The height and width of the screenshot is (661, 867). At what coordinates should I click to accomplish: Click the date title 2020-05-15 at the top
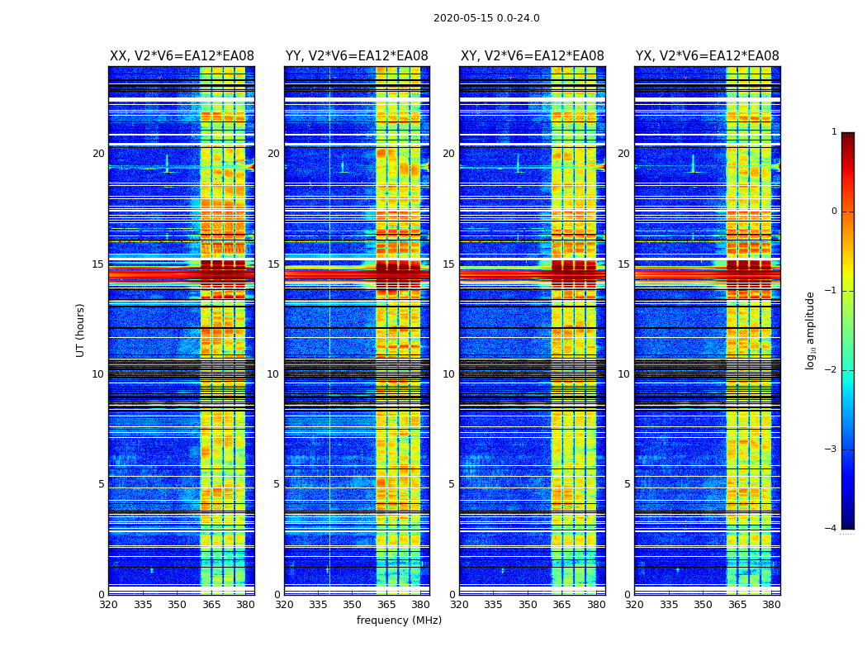(x=486, y=18)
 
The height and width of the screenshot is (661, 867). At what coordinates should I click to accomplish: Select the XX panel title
(x=182, y=56)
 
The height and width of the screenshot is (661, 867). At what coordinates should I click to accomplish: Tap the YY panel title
(x=357, y=56)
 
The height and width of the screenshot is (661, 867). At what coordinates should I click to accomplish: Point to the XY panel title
(x=532, y=56)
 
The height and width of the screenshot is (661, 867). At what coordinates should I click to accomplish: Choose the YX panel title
(x=707, y=56)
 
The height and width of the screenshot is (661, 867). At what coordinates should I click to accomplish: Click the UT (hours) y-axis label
(x=80, y=330)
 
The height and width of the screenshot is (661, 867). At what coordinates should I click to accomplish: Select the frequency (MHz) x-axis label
(x=399, y=621)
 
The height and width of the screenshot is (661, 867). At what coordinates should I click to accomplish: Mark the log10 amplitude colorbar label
(x=810, y=330)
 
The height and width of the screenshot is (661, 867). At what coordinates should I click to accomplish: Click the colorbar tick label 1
(x=833, y=132)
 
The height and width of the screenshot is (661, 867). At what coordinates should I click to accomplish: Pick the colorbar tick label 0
(x=833, y=212)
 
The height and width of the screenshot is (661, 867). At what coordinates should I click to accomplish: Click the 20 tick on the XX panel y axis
(x=98, y=154)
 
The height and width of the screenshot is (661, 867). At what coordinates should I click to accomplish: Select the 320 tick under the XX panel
(x=108, y=605)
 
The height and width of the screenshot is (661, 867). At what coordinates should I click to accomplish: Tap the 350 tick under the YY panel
(x=353, y=605)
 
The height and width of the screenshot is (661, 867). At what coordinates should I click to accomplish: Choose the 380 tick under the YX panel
(x=771, y=605)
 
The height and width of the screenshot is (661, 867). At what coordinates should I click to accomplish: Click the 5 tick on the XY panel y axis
(x=452, y=484)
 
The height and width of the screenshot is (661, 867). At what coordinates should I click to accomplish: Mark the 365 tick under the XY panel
(x=561, y=605)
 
